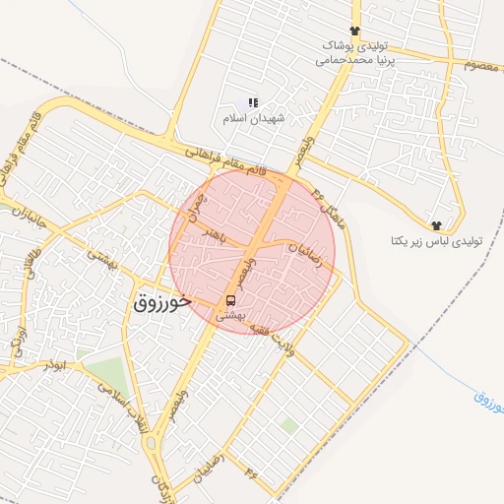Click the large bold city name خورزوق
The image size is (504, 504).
159,302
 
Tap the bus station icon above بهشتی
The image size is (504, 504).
229,299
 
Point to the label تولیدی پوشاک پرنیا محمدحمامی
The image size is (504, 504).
352,52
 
